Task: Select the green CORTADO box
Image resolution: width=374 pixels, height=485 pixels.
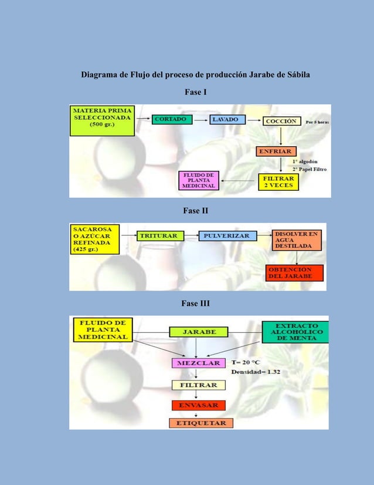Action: point(171,119)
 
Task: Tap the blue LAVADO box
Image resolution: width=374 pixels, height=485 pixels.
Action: point(225,119)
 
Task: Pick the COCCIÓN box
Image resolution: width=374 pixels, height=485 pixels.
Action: point(282,121)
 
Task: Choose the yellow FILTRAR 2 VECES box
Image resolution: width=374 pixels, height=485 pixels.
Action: point(278,181)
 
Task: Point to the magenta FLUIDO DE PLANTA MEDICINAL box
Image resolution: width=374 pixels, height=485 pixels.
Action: point(199,180)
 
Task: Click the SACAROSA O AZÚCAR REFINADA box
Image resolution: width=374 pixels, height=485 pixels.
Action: point(94,239)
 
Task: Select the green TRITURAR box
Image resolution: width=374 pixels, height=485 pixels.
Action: point(160,236)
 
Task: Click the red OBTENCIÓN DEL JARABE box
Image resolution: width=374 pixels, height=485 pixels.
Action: point(295,273)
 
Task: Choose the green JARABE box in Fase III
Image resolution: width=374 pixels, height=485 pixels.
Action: point(199,332)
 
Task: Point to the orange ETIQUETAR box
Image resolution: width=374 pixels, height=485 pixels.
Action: point(201,423)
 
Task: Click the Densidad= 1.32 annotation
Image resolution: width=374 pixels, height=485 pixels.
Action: point(255,372)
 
